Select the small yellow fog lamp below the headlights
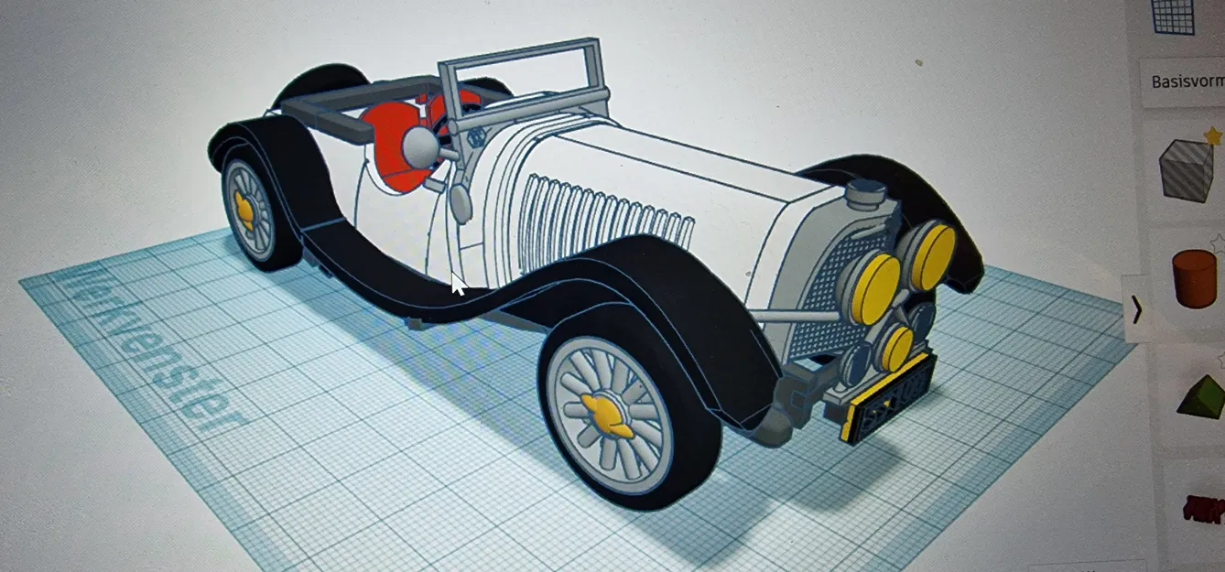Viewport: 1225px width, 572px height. click(x=895, y=348)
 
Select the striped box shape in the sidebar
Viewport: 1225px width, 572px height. click(x=1187, y=170)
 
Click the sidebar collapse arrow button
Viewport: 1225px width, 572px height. click(x=1136, y=310)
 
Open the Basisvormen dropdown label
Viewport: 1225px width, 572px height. click(x=1185, y=81)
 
